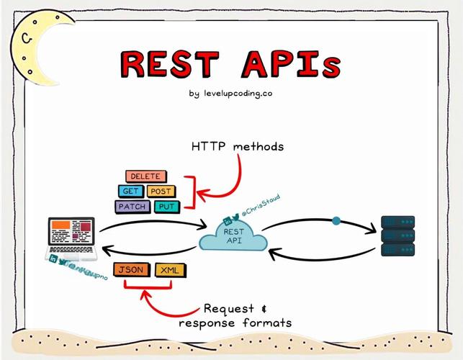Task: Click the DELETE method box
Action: pos(145,176)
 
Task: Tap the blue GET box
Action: pos(130,192)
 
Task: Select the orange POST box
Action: pos(160,192)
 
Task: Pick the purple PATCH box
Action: pos(132,207)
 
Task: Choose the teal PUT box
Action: pos(165,207)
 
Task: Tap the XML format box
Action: pos(170,270)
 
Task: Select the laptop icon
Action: pos(73,238)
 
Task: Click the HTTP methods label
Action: pos(238,146)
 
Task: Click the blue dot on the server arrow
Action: pos(336,221)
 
